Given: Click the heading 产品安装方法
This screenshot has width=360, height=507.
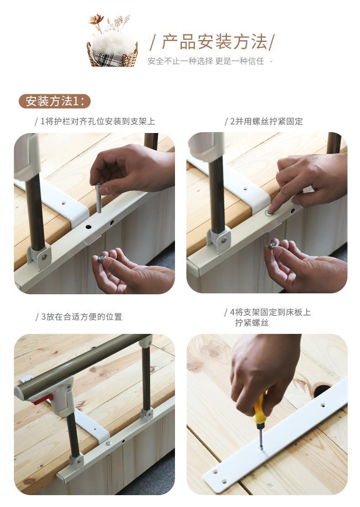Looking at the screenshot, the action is point(215,42).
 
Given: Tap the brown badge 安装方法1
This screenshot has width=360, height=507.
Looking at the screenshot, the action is point(55,101).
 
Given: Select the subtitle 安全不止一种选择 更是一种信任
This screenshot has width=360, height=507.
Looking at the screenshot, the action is point(206,61).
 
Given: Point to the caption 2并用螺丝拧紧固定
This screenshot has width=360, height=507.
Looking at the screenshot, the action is point(266,121).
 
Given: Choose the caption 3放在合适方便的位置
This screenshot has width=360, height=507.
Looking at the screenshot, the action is point(81,317).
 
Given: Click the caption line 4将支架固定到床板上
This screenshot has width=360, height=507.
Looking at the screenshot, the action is point(270,312).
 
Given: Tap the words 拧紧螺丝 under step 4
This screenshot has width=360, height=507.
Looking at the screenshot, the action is point(252,323).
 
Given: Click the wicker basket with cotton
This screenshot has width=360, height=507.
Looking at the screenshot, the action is point(113,53).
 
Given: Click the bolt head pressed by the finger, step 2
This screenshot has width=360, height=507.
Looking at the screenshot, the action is point(269,212).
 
